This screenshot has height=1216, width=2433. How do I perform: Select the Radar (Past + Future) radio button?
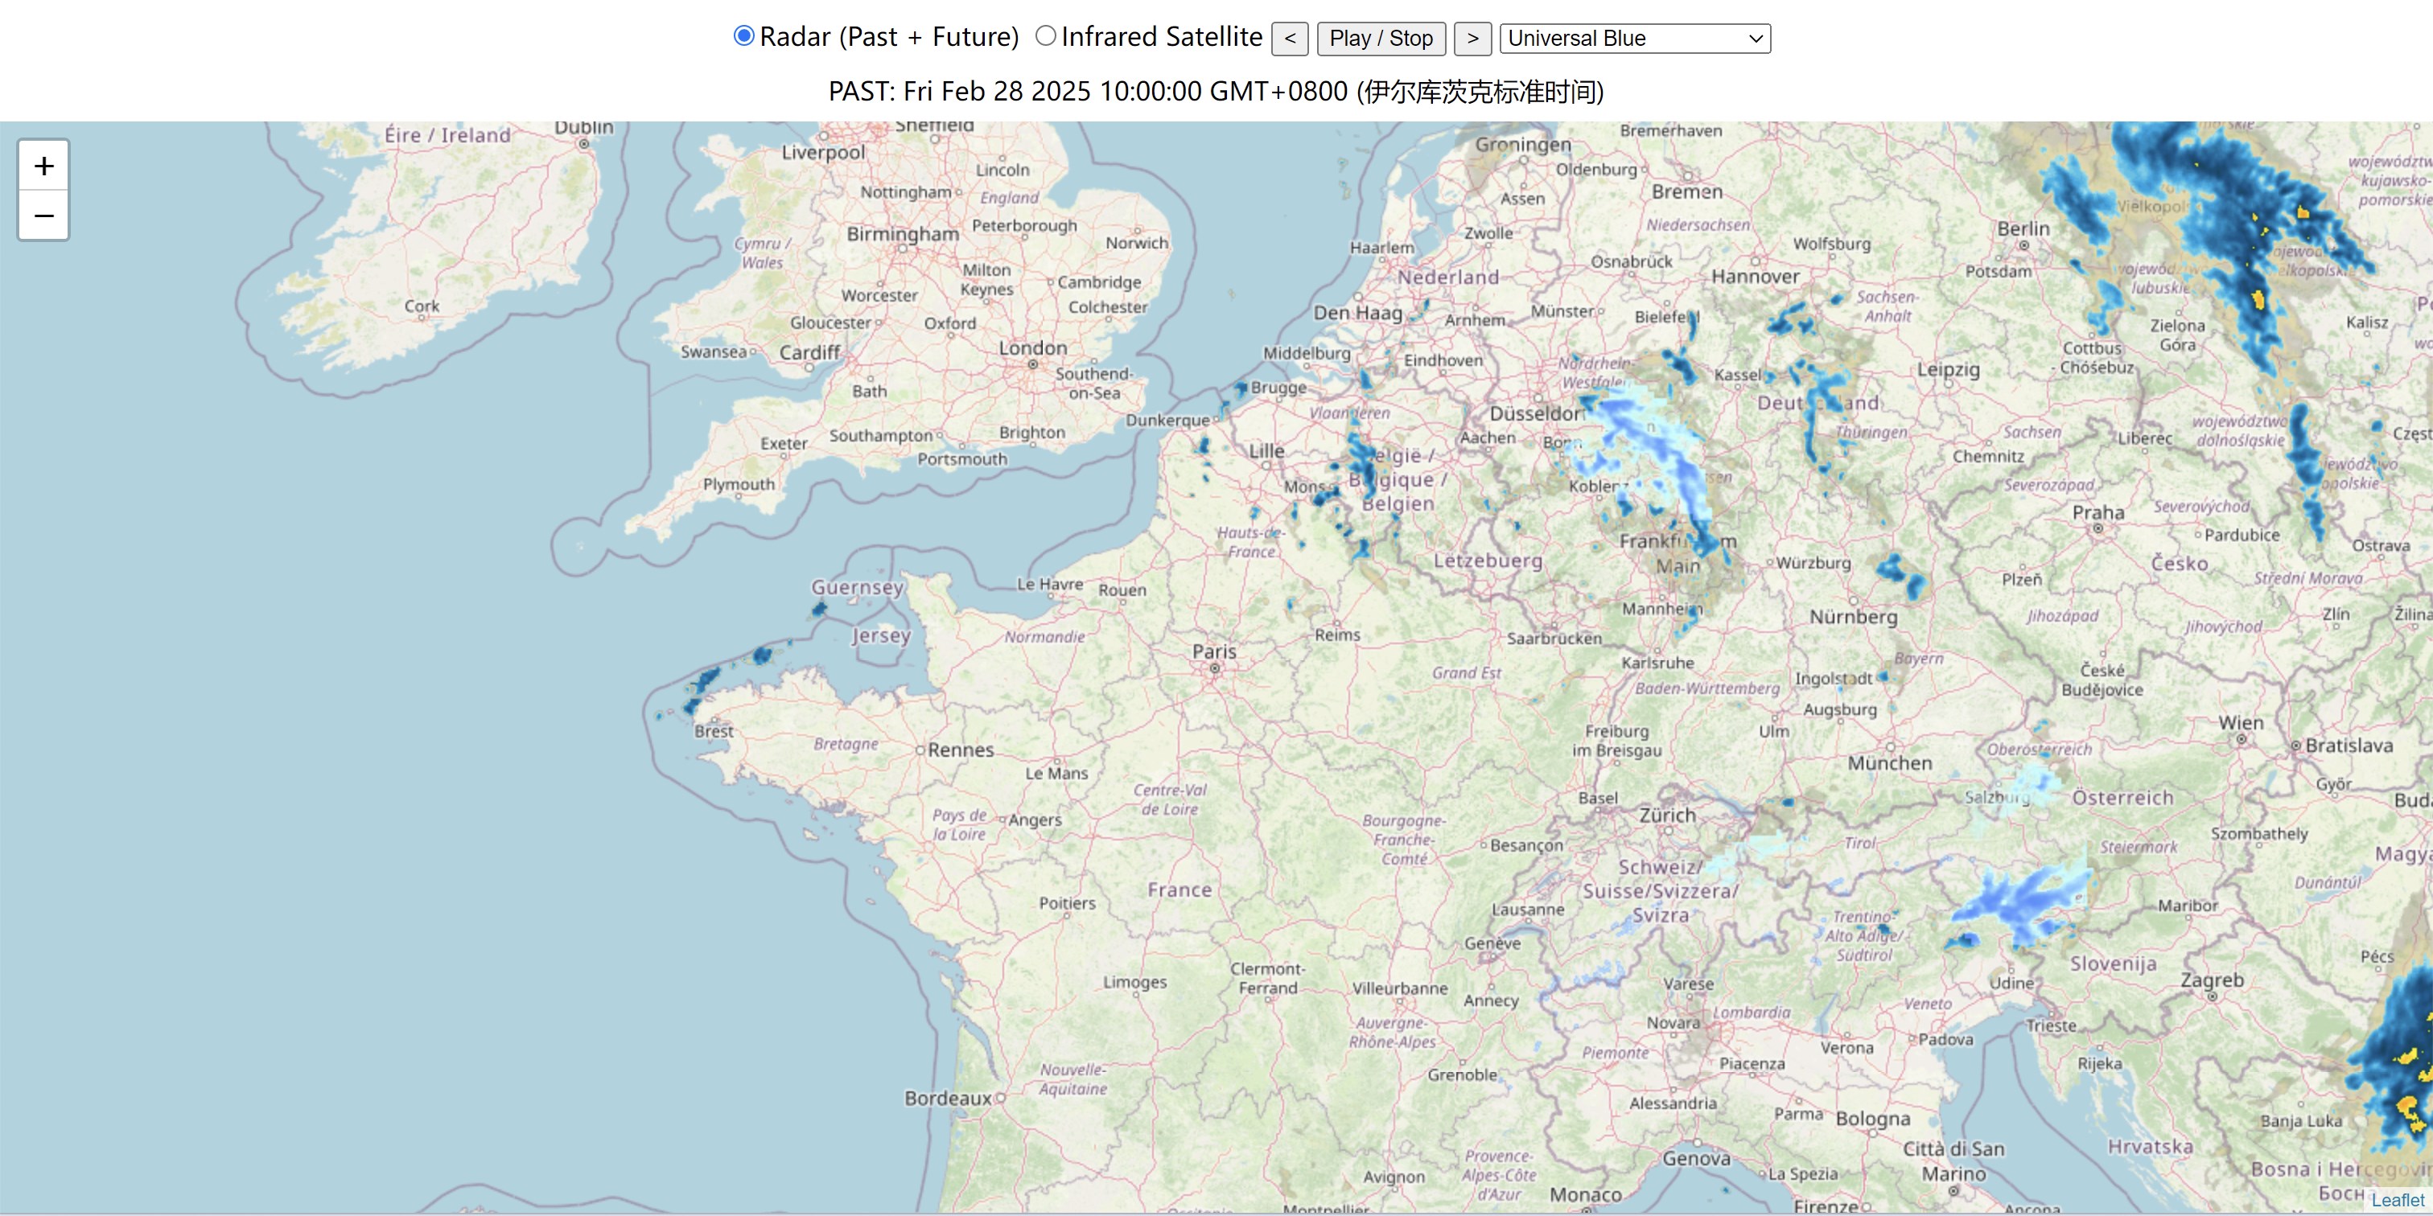[744, 37]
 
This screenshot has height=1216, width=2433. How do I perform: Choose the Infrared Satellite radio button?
[1046, 37]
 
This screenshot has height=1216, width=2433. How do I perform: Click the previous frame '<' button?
[1289, 39]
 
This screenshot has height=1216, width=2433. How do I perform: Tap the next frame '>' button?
[1472, 39]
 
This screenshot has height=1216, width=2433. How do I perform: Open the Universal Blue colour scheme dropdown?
[1634, 39]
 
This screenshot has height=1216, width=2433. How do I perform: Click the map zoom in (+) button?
[43, 166]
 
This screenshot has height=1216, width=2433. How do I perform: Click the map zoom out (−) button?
[43, 216]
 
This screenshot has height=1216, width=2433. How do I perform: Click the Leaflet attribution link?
[2397, 1200]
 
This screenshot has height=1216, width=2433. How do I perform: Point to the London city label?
[1032, 347]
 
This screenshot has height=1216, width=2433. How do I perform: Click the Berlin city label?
[2023, 228]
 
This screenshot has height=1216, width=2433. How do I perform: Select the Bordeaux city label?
[947, 1098]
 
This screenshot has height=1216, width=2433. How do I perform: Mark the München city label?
[1889, 763]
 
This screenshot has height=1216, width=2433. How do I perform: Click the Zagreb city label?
[2211, 980]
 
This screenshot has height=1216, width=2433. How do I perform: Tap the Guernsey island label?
[857, 587]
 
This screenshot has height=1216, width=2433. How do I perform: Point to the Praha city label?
[2097, 512]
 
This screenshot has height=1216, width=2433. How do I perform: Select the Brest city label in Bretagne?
[713, 731]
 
